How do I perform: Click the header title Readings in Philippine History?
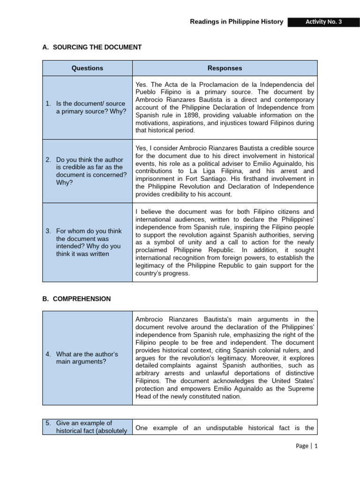click(236, 22)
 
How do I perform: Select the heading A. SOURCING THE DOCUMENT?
click(92, 47)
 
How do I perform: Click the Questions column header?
click(87, 68)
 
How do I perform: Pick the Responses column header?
click(225, 68)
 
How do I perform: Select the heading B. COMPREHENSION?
click(77, 299)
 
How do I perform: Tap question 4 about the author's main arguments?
click(87, 358)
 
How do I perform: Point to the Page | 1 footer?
click(307, 446)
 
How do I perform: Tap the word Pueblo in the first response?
click(147, 92)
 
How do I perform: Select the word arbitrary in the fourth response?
click(150, 373)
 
